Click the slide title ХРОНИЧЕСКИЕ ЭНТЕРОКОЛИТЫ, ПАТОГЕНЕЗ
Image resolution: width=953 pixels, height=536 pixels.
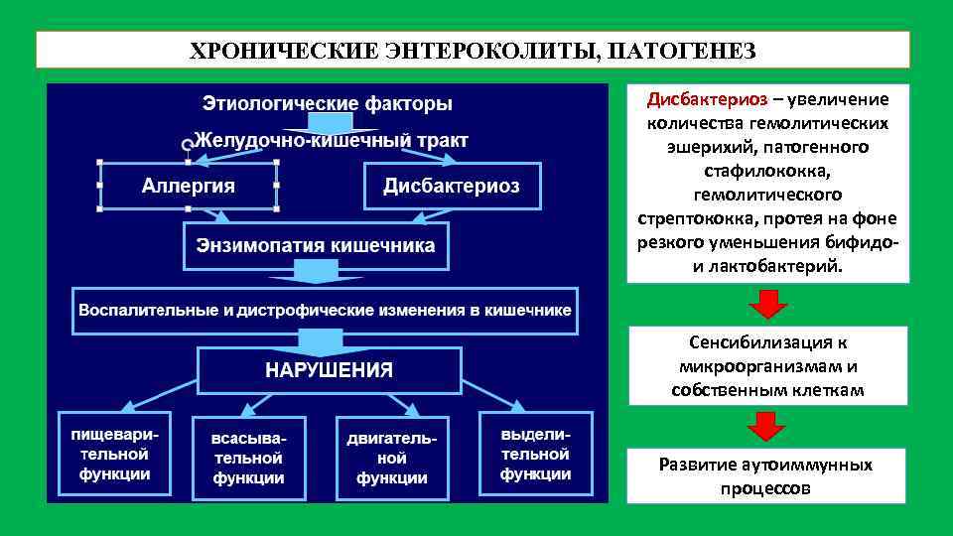pos(473,50)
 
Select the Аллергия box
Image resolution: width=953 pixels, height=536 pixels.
pos(189,186)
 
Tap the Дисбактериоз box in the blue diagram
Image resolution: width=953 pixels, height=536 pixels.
pos(452,186)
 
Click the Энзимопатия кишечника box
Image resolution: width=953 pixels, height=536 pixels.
pos(315,245)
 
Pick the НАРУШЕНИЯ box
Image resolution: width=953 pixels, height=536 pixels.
pos(329,370)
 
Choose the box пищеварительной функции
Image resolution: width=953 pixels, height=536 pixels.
pos(110,455)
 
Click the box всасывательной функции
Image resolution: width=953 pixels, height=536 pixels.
pos(249,458)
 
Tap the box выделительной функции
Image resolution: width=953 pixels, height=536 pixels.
pos(535,455)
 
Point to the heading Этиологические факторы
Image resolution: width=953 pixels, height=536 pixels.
pos(328,102)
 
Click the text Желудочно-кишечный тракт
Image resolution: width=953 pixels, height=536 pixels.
pos(332,140)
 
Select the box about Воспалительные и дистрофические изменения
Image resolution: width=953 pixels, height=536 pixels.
pos(326,310)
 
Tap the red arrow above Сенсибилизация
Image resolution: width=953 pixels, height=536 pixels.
pos(767,304)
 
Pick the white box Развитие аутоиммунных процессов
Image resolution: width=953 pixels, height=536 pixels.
pos(767,475)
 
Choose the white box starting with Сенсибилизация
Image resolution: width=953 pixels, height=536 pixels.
pos(767,365)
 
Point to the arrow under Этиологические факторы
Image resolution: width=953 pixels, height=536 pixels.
pos(328,122)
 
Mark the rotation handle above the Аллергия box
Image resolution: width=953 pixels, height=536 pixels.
pos(187,145)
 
